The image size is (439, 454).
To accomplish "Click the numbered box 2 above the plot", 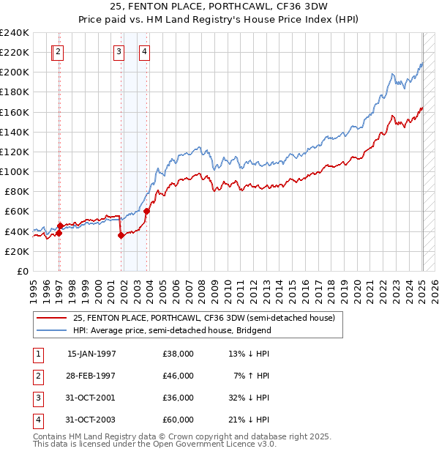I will pos(58,51).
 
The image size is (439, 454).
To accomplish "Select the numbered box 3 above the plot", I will pos(119,51).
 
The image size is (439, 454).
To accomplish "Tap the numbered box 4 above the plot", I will pos(145,51).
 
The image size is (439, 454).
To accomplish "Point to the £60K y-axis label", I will pos(17,211).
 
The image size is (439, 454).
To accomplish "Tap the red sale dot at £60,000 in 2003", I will pos(146,211).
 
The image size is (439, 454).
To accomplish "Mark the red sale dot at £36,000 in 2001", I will pos(121,235).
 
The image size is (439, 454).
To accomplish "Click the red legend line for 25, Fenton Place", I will pos(50,319).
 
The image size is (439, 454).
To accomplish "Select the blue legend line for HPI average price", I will pos(50,330).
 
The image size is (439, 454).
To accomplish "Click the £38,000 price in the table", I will pos(179,354).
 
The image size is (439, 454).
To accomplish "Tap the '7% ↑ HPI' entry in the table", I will pos(252,376).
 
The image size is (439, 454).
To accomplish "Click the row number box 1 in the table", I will pos(37,354).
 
